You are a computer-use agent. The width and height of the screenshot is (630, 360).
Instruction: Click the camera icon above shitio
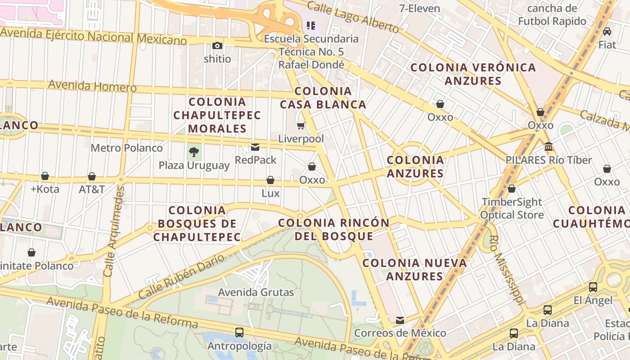click(217, 45)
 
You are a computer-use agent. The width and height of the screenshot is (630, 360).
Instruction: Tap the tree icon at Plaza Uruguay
click(194, 152)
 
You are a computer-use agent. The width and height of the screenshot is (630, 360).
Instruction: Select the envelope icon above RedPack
click(255, 147)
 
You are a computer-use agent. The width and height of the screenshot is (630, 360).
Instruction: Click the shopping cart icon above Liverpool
click(301, 126)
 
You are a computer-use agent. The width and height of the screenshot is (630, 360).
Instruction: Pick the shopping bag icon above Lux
click(270, 180)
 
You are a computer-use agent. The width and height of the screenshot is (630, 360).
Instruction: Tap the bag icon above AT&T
click(92, 176)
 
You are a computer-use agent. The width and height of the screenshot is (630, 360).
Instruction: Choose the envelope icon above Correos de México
click(400, 320)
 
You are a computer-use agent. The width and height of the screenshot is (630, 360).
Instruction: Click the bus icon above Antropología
click(239, 333)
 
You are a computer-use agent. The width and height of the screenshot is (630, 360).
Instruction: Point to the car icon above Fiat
click(607, 31)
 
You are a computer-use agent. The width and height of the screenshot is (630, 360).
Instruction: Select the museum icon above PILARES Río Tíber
click(549, 147)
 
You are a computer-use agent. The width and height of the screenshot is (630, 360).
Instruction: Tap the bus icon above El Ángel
click(593, 287)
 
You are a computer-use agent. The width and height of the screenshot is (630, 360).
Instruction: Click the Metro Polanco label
click(126, 148)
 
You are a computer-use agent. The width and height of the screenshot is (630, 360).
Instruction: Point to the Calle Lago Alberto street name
click(353, 17)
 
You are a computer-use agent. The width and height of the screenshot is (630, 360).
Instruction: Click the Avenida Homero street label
click(92, 85)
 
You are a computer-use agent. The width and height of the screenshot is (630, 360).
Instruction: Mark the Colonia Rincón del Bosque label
click(334, 229)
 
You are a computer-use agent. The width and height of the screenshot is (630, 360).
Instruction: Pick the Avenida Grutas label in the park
click(256, 292)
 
